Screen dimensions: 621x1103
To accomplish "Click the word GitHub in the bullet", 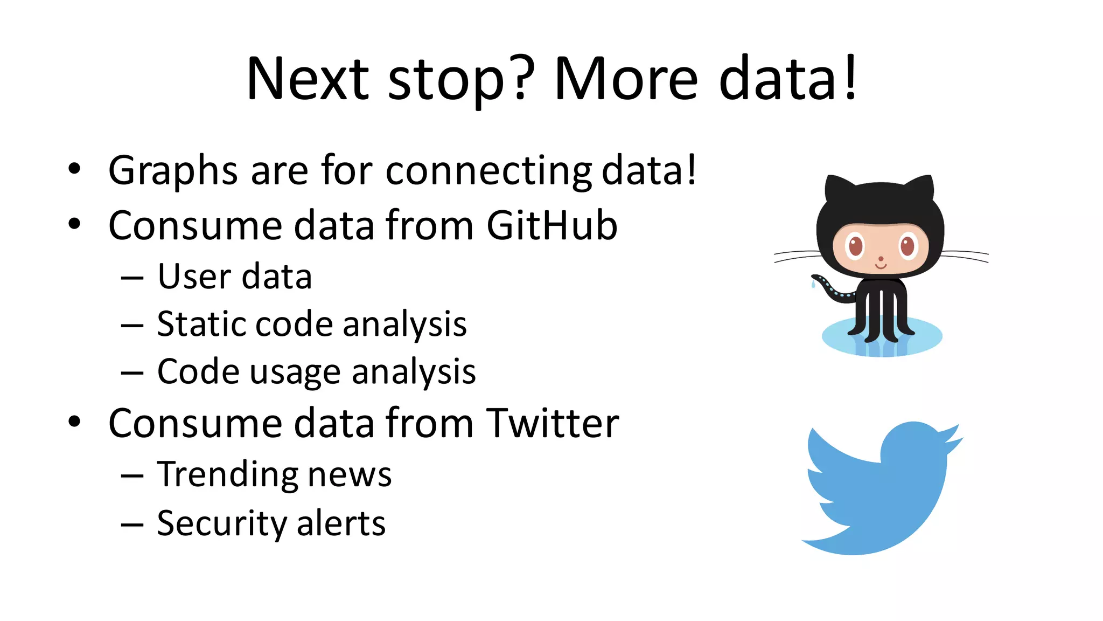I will click(551, 225).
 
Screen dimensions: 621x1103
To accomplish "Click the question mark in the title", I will click(521, 78).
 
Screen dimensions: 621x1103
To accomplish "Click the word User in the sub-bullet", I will click(193, 277).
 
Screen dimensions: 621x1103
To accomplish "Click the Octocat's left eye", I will click(855, 247).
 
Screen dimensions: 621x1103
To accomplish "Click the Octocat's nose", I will click(881, 259).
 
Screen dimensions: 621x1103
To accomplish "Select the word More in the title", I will click(626, 79).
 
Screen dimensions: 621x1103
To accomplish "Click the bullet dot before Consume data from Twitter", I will click(74, 422).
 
